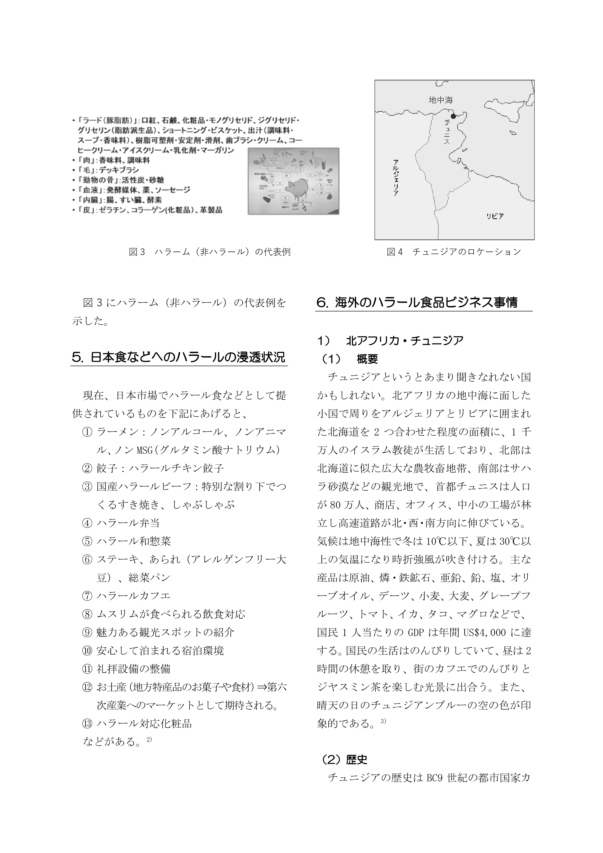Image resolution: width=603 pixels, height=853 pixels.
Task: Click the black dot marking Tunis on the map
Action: [x=453, y=116]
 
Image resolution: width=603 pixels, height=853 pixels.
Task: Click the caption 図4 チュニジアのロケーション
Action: [x=454, y=252]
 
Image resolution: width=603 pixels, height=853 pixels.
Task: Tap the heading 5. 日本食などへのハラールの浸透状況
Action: [x=179, y=357]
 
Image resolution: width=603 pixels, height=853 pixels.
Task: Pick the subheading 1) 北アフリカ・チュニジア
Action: [x=390, y=341]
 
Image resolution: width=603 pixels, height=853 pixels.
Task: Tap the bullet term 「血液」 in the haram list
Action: [x=89, y=190]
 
